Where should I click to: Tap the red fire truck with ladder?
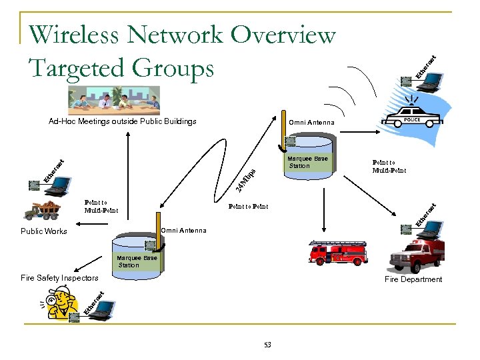(337, 252)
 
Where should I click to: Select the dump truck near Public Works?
(41, 209)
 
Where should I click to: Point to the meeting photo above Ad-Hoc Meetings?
(114, 99)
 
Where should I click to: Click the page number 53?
(267, 345)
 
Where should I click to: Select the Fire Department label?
(413, 279)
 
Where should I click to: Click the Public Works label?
(44, 231)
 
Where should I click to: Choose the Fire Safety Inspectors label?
(59, 278)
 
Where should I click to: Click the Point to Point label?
(248, 207)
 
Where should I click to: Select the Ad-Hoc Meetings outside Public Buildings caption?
(122, 121)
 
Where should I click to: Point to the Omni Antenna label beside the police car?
(311, 123)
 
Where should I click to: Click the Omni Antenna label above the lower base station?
(183, 231)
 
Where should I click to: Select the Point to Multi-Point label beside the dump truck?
(101, 206)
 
